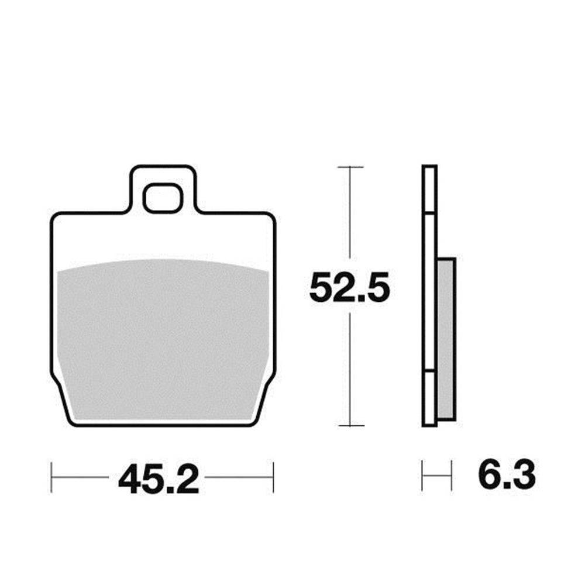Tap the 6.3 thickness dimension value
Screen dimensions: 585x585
[507, 476]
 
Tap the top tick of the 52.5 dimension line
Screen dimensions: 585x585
[349, 167]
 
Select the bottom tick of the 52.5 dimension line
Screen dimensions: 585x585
[349, 425]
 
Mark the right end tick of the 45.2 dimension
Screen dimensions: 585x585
[273, 477]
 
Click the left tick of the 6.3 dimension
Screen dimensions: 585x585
[422, 476]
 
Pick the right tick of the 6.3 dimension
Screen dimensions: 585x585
[452, 476]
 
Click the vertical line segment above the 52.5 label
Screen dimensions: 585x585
[349, 216]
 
